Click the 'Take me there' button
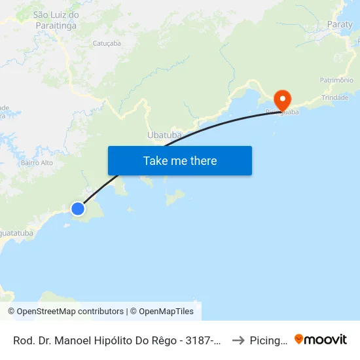[179, 160]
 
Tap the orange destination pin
[283, 101]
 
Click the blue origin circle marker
[78, 209]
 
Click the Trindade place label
[335, 98]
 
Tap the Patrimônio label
[336, 80]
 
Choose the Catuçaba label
[107, 43]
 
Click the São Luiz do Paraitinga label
[56, 20]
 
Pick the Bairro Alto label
[37, 162]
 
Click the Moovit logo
[320, 340]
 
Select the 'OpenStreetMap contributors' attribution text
[70, 312]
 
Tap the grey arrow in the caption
[238, 340]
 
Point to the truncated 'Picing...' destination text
[268, 340]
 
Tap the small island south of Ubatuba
[174, 196]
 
